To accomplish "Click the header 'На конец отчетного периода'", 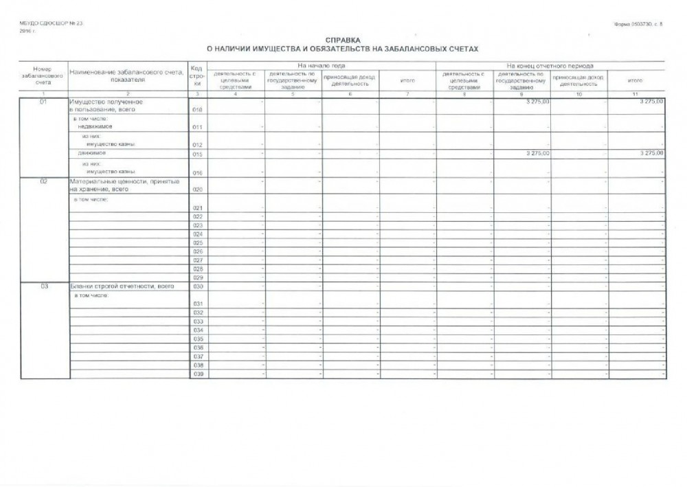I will [x=551, y=65].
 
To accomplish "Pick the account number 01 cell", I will [x=43, y=102].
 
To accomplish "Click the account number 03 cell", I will [x=43, y=286].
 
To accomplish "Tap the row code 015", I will [x=198, y=155].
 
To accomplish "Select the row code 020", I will [x=198, y=190].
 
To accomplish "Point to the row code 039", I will [x=198, y=374].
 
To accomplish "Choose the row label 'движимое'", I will [x=89, y=154].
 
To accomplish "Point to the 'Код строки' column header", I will [x=197, y=76].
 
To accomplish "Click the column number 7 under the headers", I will [x=407, y=93].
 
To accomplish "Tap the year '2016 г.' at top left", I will [x=27, y=31].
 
